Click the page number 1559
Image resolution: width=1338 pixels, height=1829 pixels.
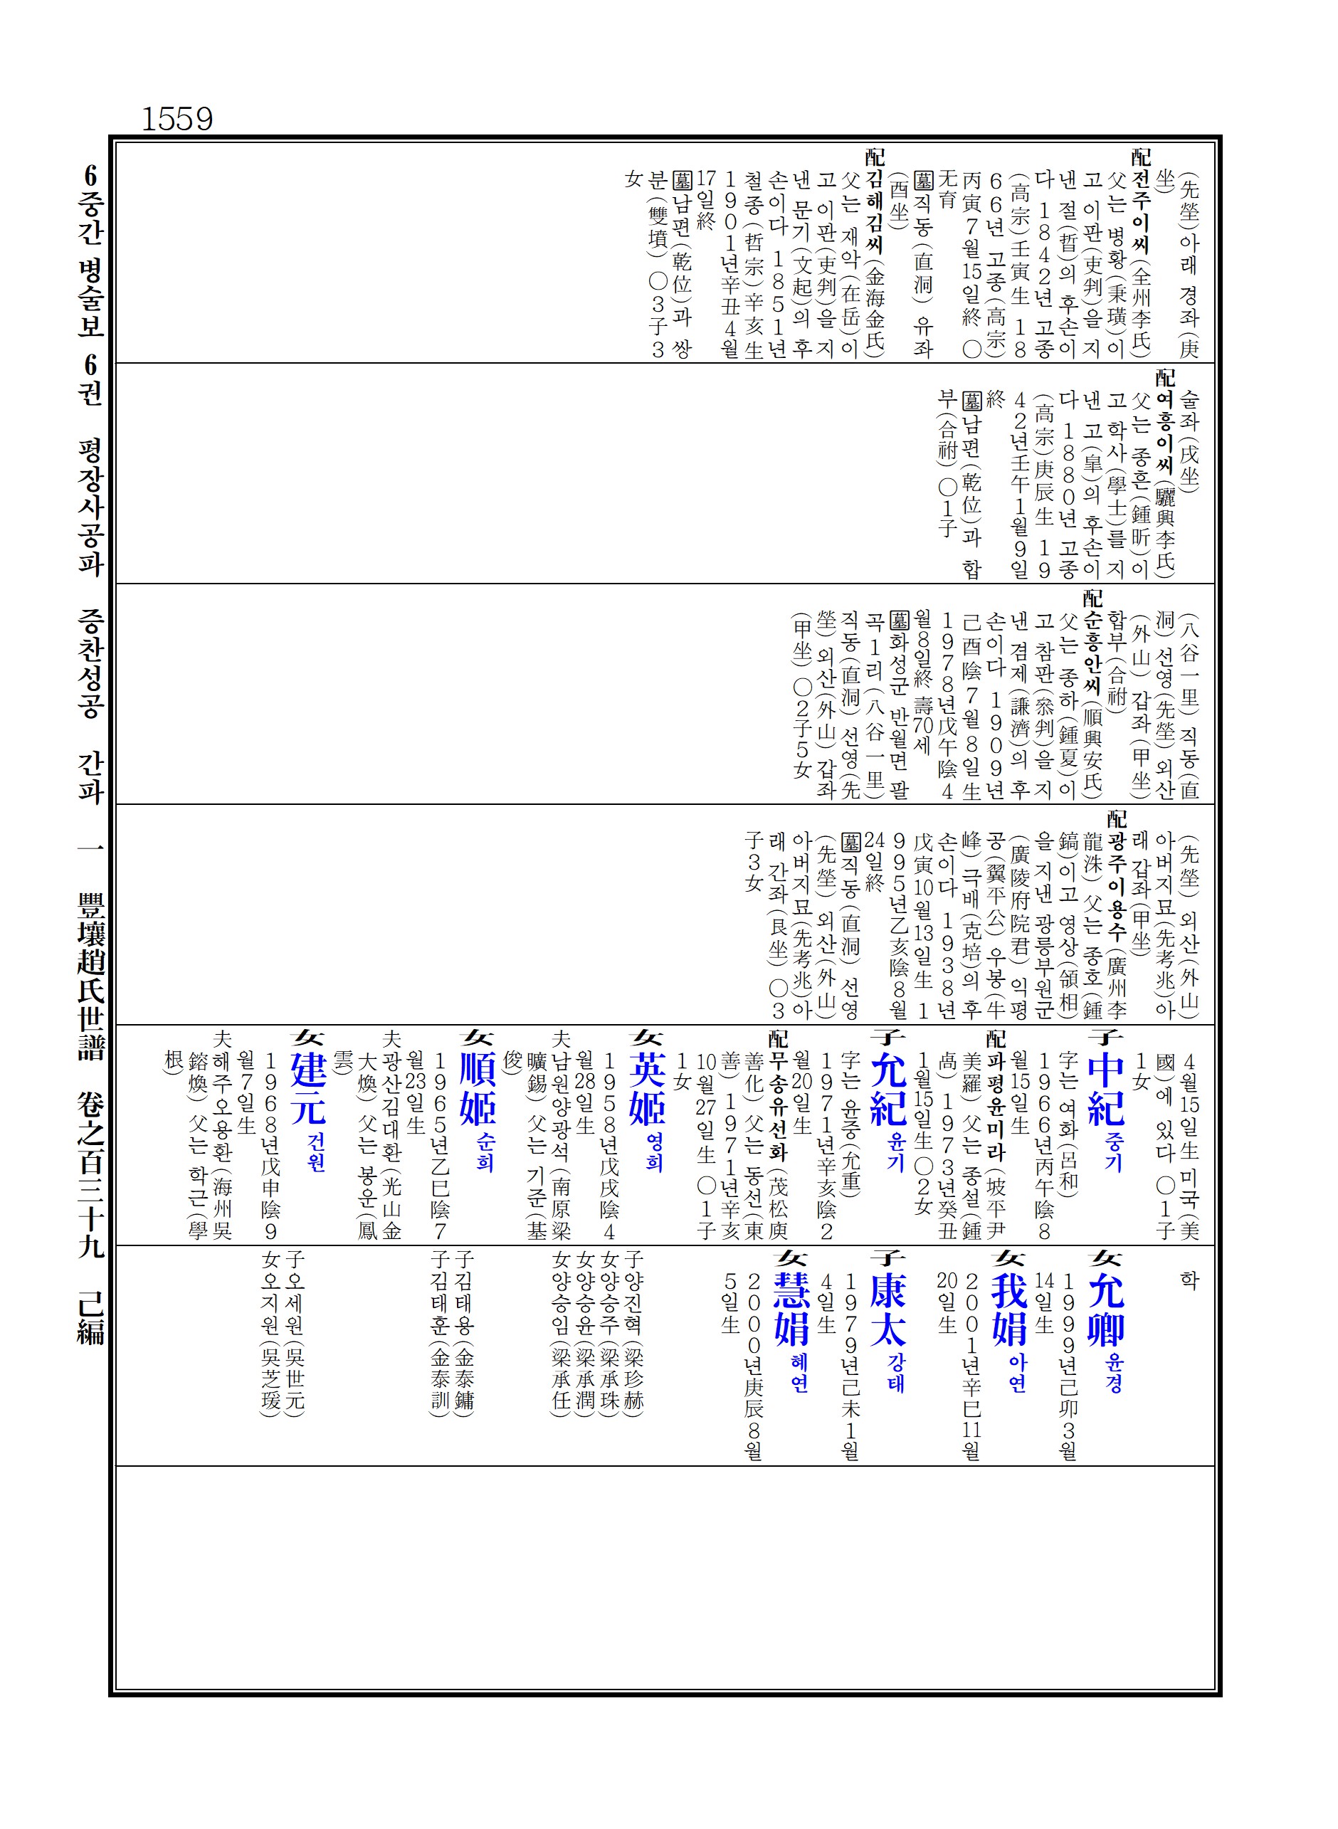coord(177,119)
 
